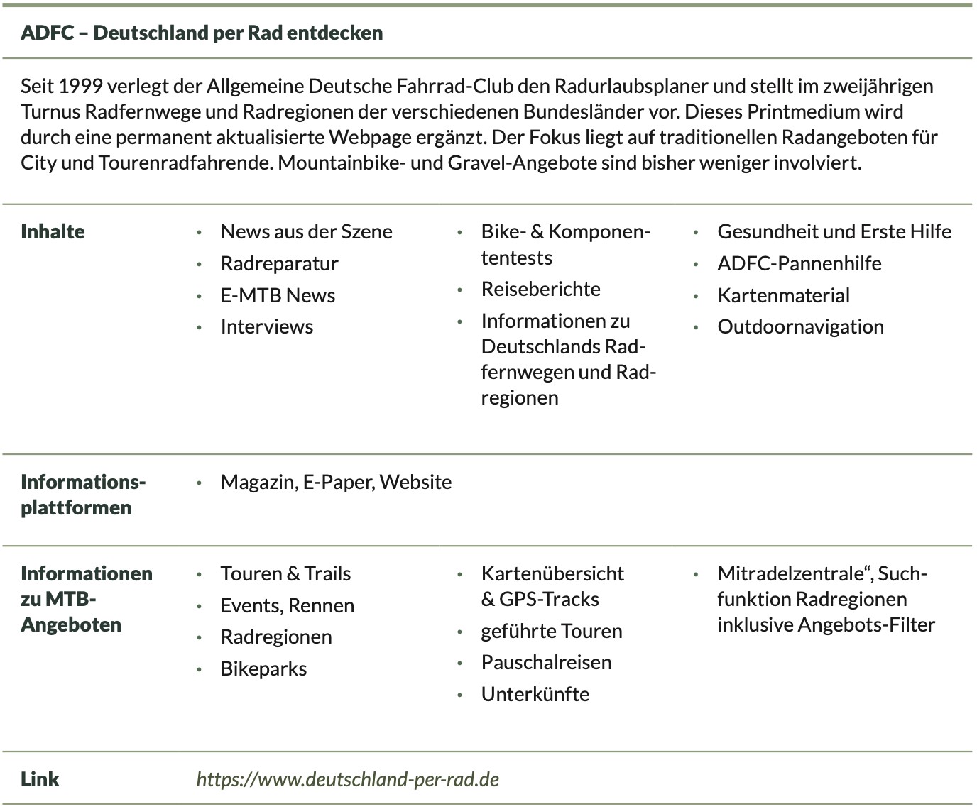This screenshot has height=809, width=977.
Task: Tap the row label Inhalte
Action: (53, 232)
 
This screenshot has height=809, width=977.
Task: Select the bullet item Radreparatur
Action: (279, 264)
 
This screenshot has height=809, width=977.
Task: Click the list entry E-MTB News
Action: (278, 295)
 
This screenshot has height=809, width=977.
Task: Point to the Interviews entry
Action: (266, 327)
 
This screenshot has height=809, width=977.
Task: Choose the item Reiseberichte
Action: (540, 290)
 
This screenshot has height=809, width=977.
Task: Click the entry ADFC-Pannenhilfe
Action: (799, 264)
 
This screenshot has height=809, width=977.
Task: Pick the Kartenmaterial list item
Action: (783, 295)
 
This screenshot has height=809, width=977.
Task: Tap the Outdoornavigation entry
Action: (800, 327)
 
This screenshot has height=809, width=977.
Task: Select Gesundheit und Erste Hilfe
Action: (834, 232)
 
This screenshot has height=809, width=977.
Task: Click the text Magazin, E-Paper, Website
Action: (336, 483)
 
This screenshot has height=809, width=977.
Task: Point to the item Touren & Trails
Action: (285, 574)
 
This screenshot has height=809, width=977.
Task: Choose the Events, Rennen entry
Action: (287, 606)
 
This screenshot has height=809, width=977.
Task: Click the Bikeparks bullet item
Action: (263, 669)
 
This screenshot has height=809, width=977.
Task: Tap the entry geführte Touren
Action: (551, 632)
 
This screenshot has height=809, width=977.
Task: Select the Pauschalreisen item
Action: (546, 663)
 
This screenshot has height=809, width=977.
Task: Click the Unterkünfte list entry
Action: (535, 695)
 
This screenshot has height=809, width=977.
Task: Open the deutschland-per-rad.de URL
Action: (347, 780)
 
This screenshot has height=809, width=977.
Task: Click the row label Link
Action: (40, 780)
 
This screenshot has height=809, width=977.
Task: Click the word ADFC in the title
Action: (47, 33)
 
